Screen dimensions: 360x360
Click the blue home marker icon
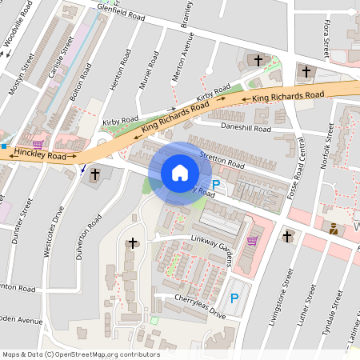[x=180, y=173]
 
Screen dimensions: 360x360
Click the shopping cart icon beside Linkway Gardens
[x=253, y=239]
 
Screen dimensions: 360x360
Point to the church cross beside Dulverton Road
[x=95, y=174]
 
